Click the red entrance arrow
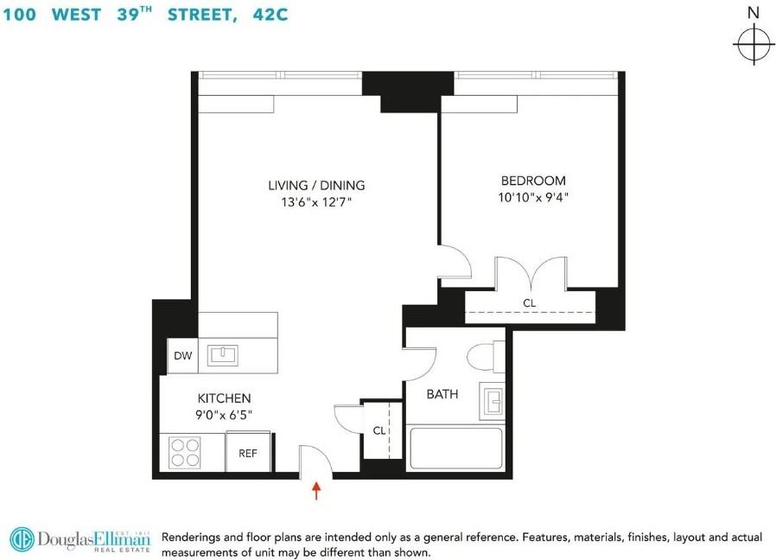pos(316,491)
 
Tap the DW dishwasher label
pos(182,355)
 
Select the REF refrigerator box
pos(248,452)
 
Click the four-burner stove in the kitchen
pos(186,451)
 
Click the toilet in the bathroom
pos(481,358)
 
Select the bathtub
pos(455,449)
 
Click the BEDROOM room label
pos(533,181)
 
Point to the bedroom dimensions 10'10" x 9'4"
pos(534,197)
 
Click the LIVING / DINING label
pos(316,185)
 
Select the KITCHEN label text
pos(224,398)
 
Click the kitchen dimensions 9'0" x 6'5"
pos(224,415)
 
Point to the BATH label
pos(442,394)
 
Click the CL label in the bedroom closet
pos(529,303)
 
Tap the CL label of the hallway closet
pos(378,430)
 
